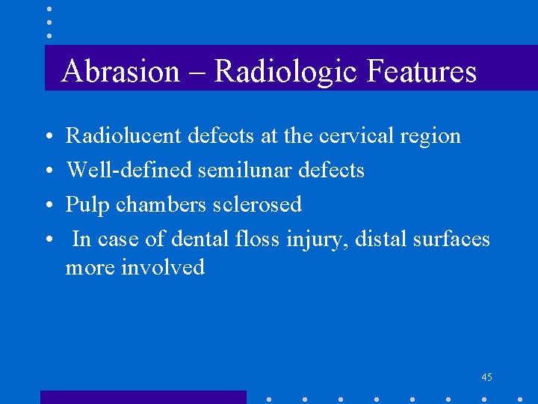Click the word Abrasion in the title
click(x=121, y=72)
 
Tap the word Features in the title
click(x=421, y=72)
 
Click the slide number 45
click(x=486, y=377)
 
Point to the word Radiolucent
click(x=123, y=136)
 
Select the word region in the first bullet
click(x=430, y=136)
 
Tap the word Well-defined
click(x=130, y=171)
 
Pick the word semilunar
click(x=244, y=171)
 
